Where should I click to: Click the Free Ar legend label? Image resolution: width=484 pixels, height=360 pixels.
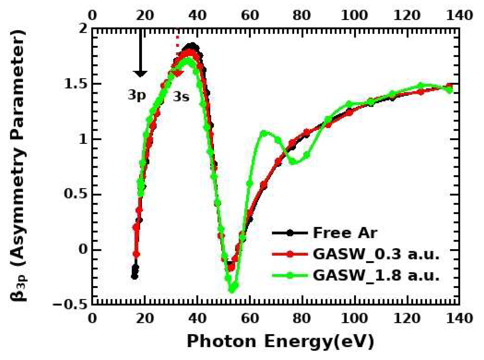pos(345,233)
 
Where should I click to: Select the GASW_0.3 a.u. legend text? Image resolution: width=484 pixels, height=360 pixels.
pos(376,254)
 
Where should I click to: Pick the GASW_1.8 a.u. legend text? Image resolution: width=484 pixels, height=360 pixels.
pos(376,275)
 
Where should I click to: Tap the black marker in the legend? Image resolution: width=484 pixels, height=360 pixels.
pos(290,233)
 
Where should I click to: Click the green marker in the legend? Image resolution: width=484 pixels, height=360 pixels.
pos(290,275)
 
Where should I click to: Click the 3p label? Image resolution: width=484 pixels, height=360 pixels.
pos(137,95)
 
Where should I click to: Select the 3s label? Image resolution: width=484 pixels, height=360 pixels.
pos(181,97)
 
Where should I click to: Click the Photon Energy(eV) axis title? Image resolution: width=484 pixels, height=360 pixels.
pos(280,342)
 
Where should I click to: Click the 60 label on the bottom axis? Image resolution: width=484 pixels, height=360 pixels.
pos(250,318)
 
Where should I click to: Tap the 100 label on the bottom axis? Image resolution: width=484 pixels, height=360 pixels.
pos(354,318)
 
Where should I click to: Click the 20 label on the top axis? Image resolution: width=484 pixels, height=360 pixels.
pos(145,15)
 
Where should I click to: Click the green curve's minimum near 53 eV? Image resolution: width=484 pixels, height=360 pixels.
pos(232,290)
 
